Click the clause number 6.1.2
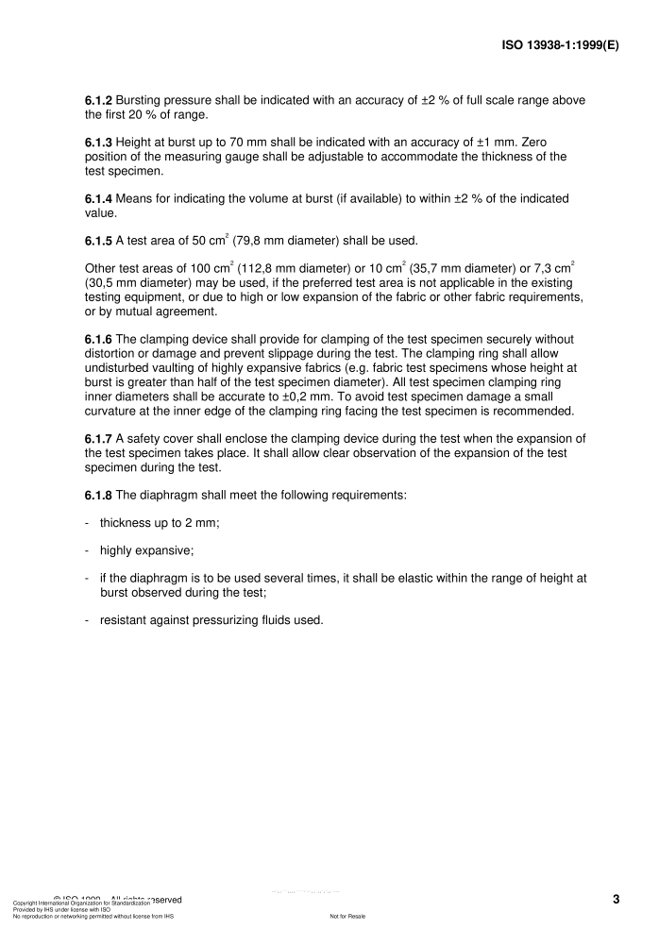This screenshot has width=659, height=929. click(99, 101)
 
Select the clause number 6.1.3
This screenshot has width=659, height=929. click(99, 143)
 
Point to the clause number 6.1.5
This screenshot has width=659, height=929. click(99, 239)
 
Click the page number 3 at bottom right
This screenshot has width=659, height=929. click(616, 899)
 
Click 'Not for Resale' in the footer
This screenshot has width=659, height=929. click(347, 917)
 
